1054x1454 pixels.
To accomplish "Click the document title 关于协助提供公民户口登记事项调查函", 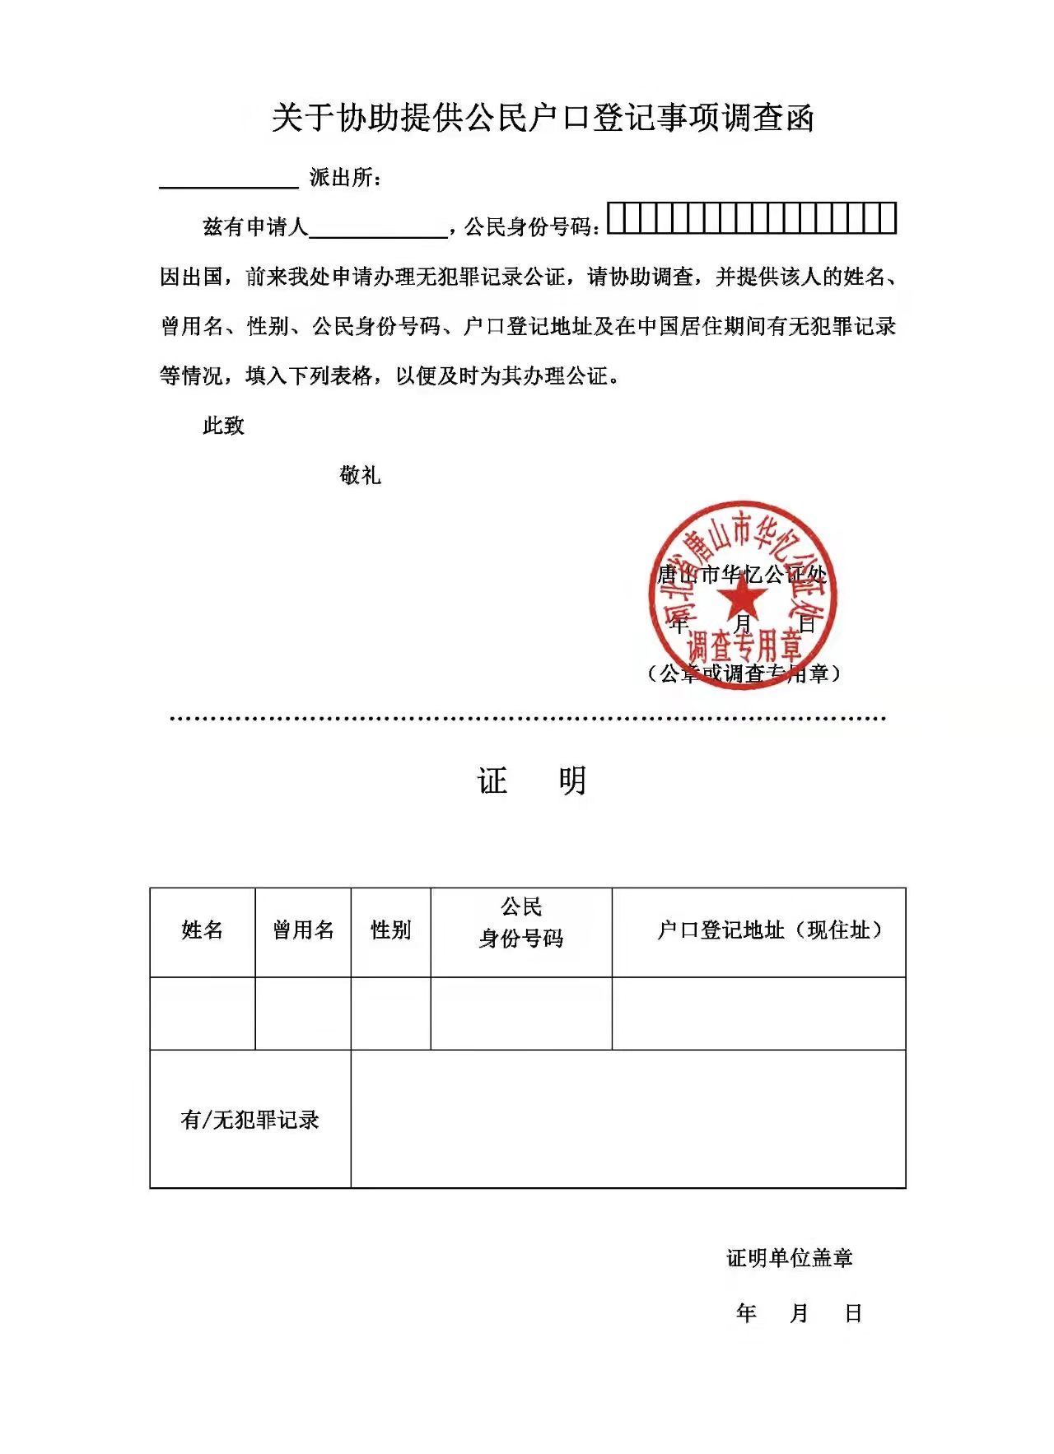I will coord(543,118).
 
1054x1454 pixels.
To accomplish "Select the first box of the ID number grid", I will coord(616,219).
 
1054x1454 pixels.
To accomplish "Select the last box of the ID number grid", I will coord(888,219).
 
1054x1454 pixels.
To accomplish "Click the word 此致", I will coord(223,426).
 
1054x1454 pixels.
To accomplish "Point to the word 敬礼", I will coord(360,475).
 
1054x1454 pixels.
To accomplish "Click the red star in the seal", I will coord(742,597).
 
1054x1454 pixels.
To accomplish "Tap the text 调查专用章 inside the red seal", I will coord(744,645).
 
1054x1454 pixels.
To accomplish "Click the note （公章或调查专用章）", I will coord(743,673).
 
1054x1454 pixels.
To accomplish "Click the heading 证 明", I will coord(531,781).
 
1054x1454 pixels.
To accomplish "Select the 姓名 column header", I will coord(203,930).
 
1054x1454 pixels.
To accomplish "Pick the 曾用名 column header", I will coord(303,930).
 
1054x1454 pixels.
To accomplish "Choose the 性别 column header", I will coord(390,930).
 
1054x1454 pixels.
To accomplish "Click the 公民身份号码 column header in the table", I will coord(521,923).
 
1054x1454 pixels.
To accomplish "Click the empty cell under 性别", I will coord(390,1014).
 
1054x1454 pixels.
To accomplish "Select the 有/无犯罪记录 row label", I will coord(250,1120).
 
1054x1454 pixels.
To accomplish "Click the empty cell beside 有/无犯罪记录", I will coord(627,1119).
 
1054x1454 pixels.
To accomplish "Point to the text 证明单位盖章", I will coord(789,1258).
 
